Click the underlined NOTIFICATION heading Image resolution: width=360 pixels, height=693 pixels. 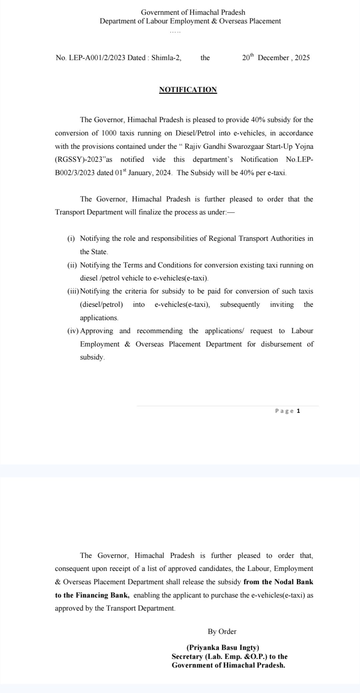[188, 90]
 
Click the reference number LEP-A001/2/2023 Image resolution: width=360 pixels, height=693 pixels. [97, 58]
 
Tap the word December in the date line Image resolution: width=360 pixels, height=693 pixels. [273, 58]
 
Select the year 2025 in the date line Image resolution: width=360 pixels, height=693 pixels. [302, 58]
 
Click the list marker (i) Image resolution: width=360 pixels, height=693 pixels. [71, 239]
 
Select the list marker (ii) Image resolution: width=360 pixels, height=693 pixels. [72, 265]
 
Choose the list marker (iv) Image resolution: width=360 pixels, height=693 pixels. [73, 331]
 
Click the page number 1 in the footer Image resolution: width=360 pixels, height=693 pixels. [298, 411]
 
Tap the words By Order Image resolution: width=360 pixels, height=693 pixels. [222, 631]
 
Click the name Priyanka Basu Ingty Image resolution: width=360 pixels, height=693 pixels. [223, 648]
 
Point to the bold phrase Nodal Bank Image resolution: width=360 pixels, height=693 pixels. [294, 582]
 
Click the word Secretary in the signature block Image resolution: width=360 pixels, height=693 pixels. [187, 657]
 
